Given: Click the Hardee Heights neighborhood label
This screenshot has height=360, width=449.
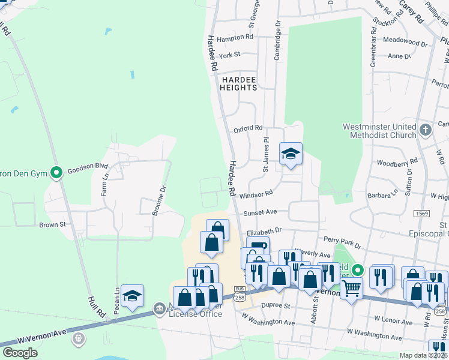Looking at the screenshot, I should pyautogui.click(x=238, y=83).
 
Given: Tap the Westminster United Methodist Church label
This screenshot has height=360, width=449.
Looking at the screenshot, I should pyautogui.click(x=379, y=131).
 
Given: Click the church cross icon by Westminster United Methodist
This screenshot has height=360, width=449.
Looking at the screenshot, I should pyautogui.click(x=425, y=130).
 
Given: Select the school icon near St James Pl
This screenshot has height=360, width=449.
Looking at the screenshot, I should pyautogui.click(x=291, y=154).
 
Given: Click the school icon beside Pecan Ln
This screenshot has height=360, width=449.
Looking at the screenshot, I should pyautogui.click(x=132, y=296).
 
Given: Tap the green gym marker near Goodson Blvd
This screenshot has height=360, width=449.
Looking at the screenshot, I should pyautogui.click(x=56, y=173).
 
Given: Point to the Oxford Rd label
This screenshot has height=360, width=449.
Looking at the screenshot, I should pyautogui.click(x=249, y=128).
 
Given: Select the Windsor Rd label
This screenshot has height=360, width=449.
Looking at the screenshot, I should pyautogui.click(x=256, y=194).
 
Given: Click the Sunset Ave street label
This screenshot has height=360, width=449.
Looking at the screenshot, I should pyautogui.click(x=260, y=212).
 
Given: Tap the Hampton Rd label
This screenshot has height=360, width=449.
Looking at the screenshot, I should pyautogui.click(x=235, y=37).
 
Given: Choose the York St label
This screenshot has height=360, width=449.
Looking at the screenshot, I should pyautogui.click(x=229, y=55).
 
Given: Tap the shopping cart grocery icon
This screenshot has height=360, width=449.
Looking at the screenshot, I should pyautogui.click(x=351, y=288).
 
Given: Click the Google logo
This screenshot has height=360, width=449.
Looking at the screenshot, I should pyautogui.click(x=20, y=353).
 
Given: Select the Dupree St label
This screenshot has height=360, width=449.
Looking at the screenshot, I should pyautogui.click(x=276, y=305).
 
